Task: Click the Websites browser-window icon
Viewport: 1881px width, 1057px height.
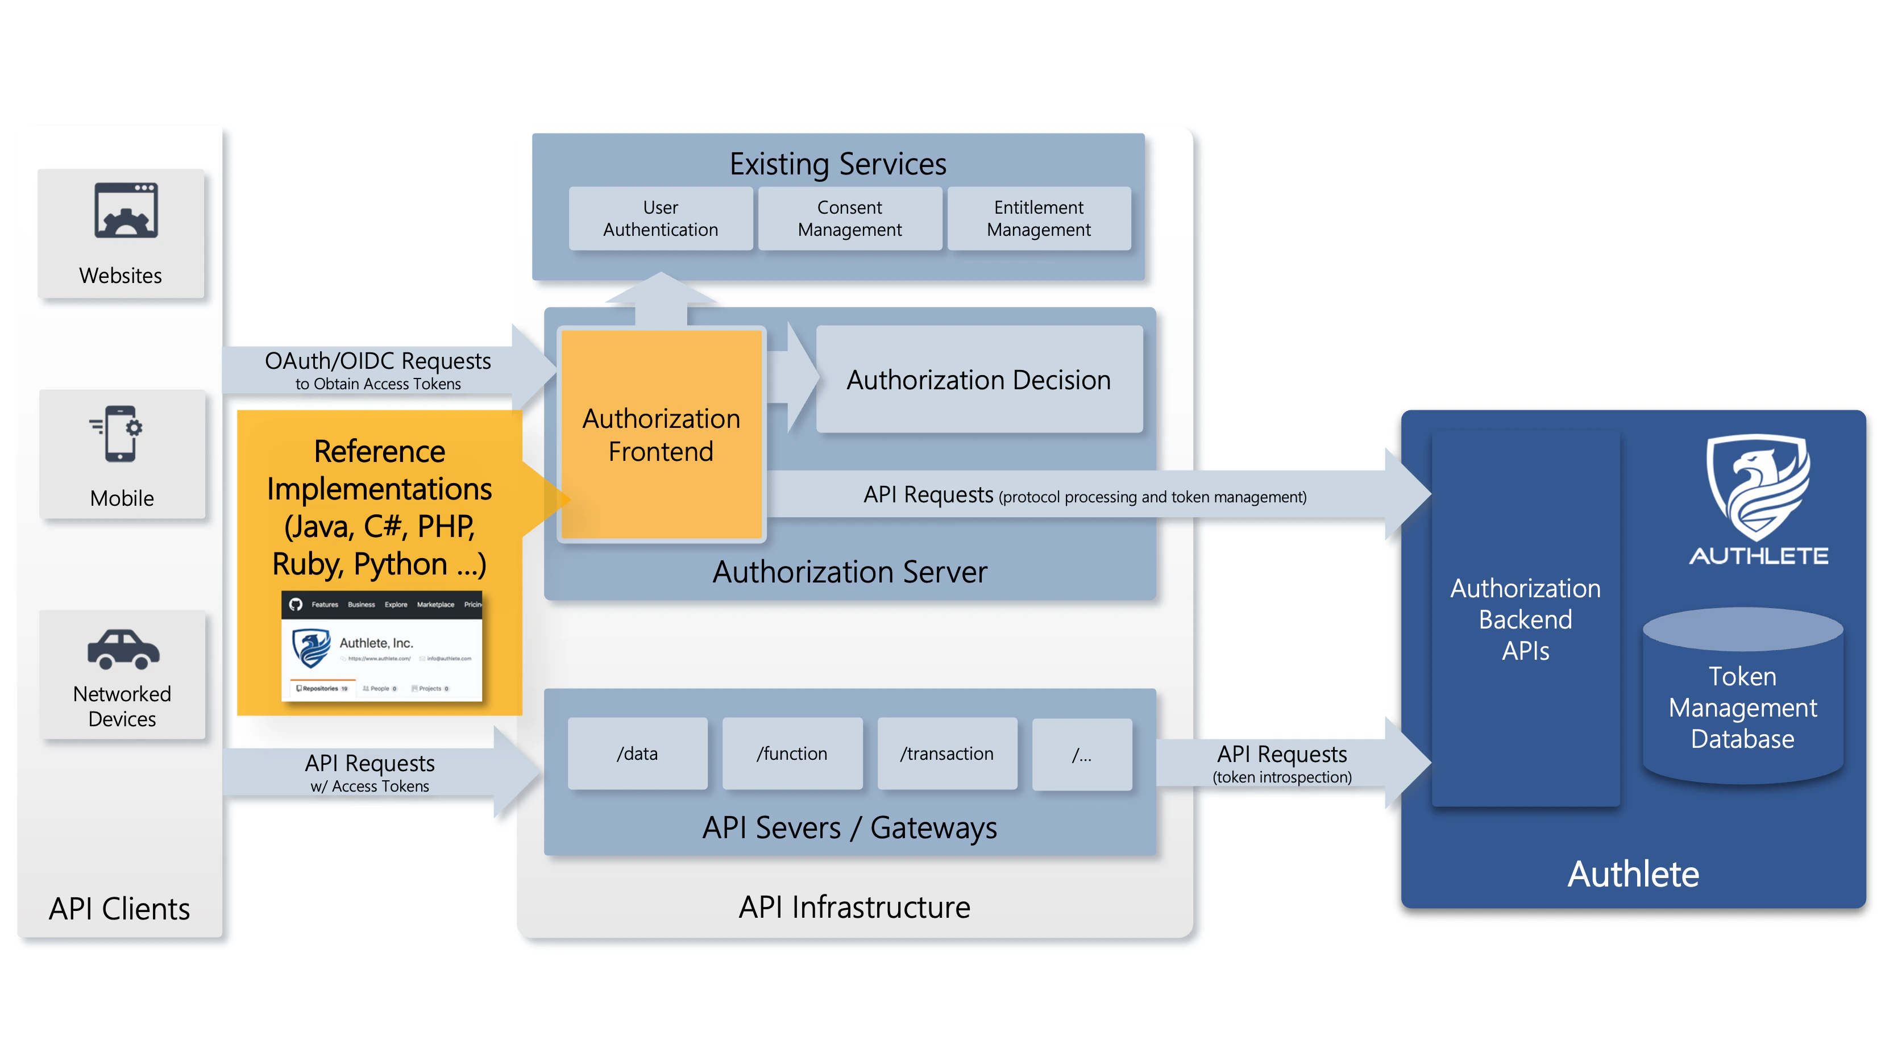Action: [126, 210]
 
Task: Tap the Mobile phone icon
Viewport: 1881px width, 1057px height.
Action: [119, 434]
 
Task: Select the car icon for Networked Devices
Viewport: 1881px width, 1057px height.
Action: [123, 648]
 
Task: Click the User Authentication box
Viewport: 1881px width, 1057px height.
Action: [660, 218]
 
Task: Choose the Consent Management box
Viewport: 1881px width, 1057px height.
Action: [849, 218]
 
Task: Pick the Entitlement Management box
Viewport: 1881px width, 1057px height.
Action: [1039, 218]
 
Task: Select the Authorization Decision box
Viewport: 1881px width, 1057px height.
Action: [978, 380]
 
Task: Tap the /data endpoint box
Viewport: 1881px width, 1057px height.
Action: [637, 754]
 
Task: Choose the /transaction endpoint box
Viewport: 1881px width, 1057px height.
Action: [946, 754]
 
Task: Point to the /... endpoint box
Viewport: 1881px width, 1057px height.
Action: [1081, 755]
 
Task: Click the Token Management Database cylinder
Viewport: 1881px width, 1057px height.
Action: [1742, 701]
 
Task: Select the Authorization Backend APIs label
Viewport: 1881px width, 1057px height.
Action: [1525, 619]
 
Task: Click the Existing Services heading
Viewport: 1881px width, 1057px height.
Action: [837, 164]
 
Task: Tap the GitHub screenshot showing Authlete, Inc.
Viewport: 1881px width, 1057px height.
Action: [381, 646]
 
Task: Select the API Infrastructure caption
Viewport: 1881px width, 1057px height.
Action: [854, 906]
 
